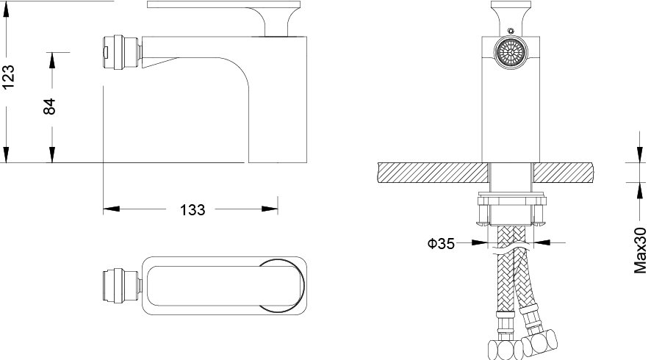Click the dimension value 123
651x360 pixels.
pos(8,76)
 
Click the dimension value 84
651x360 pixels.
pos(49,107)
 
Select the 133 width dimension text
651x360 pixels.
pos(193,209)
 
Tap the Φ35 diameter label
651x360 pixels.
pos(441,243)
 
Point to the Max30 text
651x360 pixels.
pos(641,250)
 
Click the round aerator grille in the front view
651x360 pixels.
pos(511,53)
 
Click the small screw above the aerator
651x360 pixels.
pos(511,30)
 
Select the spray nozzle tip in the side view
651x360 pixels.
pos(123,52)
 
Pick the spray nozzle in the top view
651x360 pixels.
pos(123,285)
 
